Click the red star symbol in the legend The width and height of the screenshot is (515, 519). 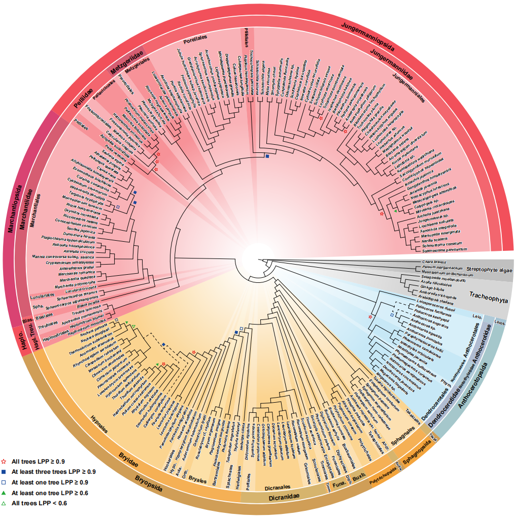pos(5,462)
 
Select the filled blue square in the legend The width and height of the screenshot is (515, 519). pos(5,472)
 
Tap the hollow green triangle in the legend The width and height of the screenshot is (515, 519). pos(5,503)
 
